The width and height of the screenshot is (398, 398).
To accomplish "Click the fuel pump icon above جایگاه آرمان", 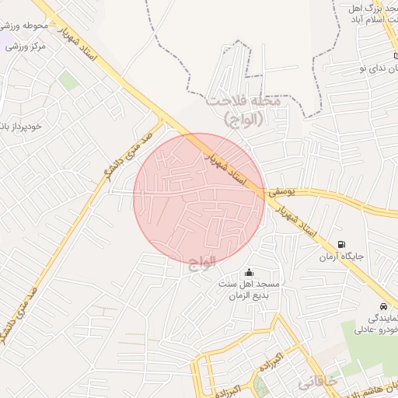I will pyautogui.click(x=342, y=244).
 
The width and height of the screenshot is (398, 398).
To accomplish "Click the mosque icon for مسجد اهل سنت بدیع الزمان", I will pyautogui.click(x=249, y=272).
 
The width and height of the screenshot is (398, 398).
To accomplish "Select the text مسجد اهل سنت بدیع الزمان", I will pyautogui.click(x=250, y=290).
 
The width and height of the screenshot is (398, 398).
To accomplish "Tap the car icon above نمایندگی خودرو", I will pyautogui.click(x=383, y=305).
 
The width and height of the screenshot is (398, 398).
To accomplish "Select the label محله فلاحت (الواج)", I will pyautogui.click(x=247, y=110).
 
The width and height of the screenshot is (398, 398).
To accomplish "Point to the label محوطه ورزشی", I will pyautogui.click(x=26, y=26).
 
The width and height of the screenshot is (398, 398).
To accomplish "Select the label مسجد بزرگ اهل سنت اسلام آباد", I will pyautogui.click(x=365, y=16).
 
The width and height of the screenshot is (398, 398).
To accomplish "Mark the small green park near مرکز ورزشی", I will pyautogui.click(x=69, y=79).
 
